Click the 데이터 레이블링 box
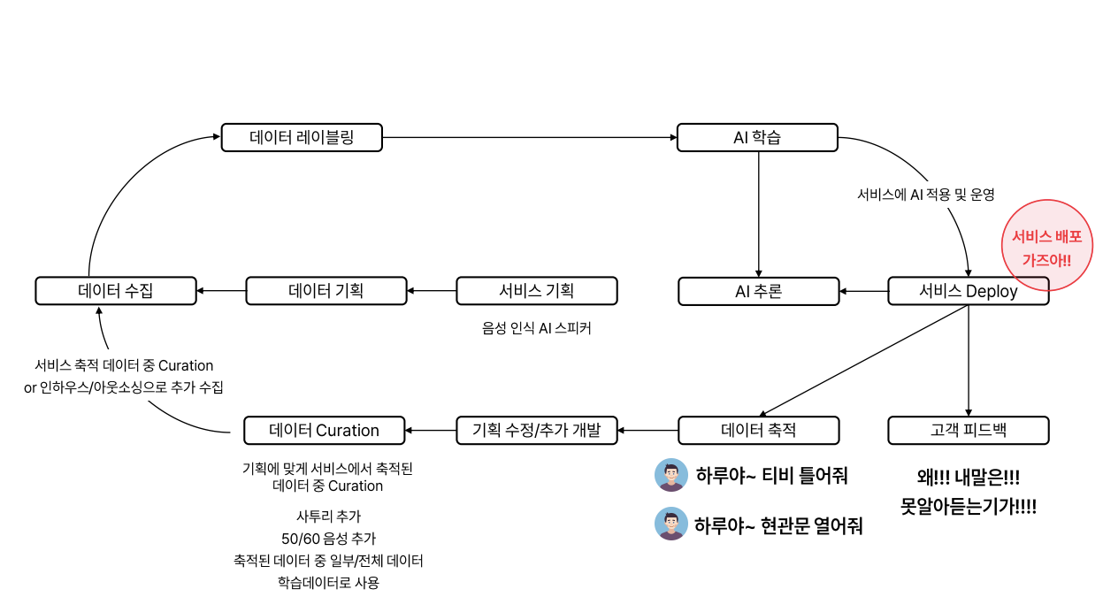[x=302, y=137]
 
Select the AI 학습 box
[x=757, y=137]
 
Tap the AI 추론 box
[x=758, y=291]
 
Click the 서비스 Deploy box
[x=968, y=291]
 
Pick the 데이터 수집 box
[x=116, y=291]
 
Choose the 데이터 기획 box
[x=326, y=291]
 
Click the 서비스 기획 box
[x=537, y=291]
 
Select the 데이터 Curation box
[x=324, y=431]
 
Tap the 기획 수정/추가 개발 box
[x=537, y=431]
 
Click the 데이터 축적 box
[x=758, y=431]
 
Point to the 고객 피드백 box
[x=968, y=431]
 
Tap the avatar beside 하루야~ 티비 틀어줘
[x=671, y=475]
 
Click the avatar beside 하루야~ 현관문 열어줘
[x=671, y=524]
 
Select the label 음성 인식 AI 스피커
[x=536, y=328]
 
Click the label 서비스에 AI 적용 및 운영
[x=926, y=195]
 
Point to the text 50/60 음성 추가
[x=328, y=539]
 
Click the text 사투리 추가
[x=328, y=517]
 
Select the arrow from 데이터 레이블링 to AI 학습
[x=530, y=137]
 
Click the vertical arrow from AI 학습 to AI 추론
[x=758, y=214]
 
